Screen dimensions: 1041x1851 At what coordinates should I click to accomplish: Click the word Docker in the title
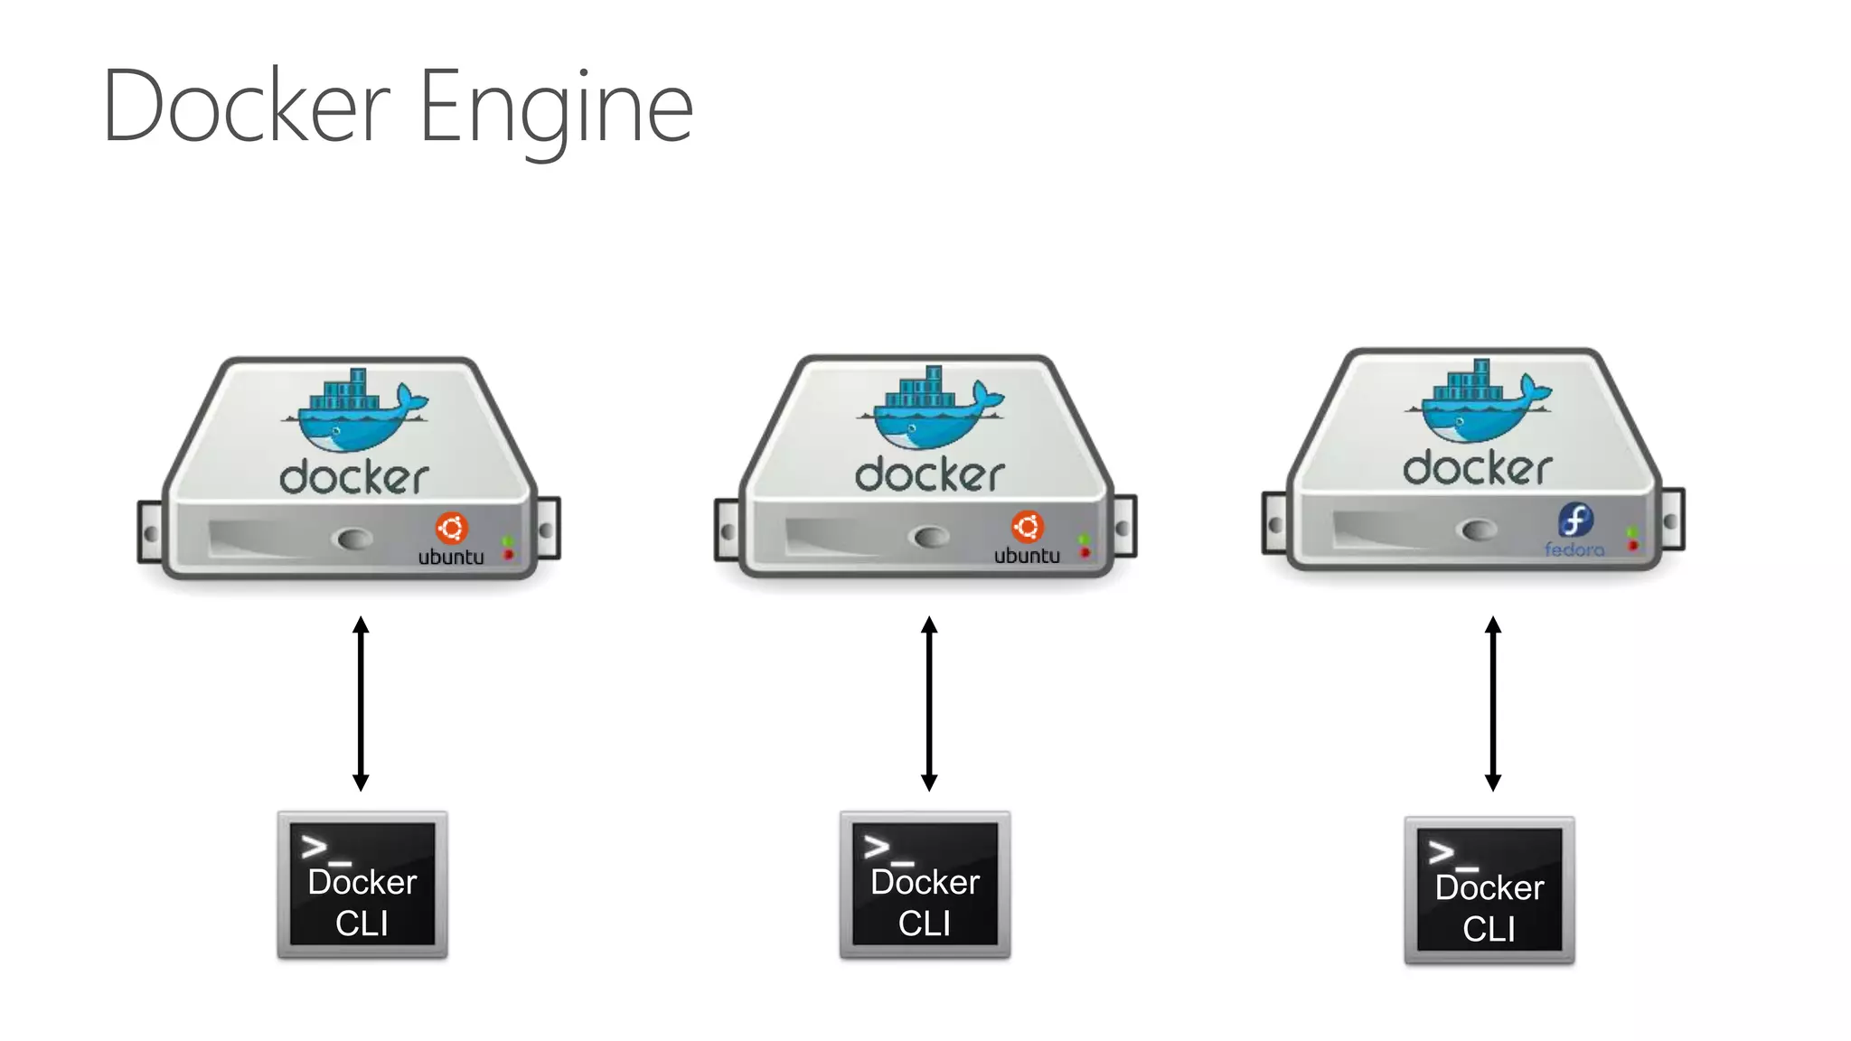coord(246,107)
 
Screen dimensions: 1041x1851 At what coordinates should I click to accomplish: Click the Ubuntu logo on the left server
coord(451,528)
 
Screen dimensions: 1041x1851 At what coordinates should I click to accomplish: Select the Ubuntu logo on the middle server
coord(1027,526)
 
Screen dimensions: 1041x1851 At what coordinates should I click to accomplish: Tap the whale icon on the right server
coord(1478,403)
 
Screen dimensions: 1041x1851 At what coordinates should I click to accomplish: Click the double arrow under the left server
coord(361,703)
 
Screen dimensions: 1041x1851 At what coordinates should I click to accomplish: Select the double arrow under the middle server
coord(929,703)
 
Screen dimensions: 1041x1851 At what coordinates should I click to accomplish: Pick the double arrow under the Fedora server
coord(1493,703)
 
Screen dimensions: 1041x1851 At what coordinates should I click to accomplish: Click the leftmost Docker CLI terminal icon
coord(362,885)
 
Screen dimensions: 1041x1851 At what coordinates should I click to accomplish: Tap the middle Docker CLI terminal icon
coord(925,885)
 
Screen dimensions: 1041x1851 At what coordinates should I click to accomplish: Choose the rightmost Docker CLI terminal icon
coord(1489,890)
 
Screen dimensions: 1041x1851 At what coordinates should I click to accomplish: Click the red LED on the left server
coord(508,554)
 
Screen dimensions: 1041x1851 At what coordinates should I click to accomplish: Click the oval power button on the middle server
coord(931,538)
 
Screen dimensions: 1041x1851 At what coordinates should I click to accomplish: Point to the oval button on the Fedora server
coord(1479,530)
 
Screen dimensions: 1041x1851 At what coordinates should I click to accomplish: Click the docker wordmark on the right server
coord(1477,468)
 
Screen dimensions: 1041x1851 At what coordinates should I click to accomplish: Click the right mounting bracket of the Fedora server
coord(1671,520)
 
